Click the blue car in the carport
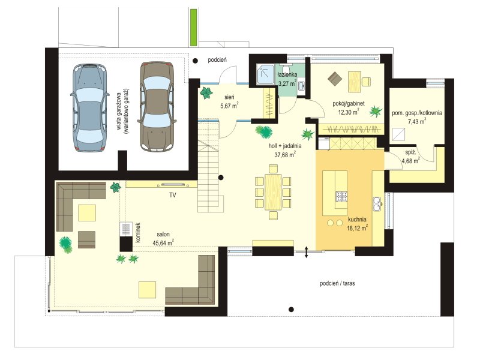point(89,107)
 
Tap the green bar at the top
point(193,27)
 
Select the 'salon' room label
point(163,235)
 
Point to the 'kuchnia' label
point(357,220)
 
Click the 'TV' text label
point(173,195)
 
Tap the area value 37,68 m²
point(284,155)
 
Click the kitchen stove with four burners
point(342,196)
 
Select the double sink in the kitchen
point(377,204)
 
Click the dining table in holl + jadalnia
point(273,192)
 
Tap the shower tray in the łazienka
point(265,74)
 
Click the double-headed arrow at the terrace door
point(306,251)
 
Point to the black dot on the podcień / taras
point(292,309)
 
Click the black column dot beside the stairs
point(220,177)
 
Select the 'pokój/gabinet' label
point(349,104)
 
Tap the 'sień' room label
point(229,97)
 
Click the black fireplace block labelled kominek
point(126,244)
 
